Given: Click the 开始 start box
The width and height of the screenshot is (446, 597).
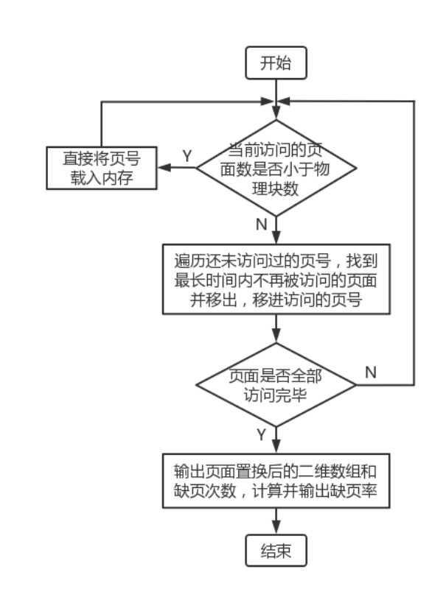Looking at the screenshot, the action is click(x=276, y=63).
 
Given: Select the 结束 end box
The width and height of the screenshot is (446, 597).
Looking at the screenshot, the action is click(x=276, y=551).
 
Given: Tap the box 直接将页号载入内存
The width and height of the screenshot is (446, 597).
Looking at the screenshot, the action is click(x=102, y=168).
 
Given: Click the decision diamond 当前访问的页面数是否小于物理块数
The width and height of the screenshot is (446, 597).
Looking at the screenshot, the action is click(x=276, y=168).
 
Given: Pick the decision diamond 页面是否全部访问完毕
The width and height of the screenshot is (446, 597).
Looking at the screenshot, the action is click(x=276, y=385).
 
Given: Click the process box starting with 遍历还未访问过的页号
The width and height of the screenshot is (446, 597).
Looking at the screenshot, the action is click(x=276, y=280).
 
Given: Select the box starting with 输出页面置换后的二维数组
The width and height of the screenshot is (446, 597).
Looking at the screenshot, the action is click(x=276, y=480).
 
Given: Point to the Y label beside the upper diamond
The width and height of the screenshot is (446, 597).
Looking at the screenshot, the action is click(x=187, y=156).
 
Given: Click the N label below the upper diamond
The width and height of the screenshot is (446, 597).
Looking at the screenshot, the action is click(x=261, y=223).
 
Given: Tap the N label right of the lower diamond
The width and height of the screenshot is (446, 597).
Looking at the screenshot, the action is click(x=370, y=372).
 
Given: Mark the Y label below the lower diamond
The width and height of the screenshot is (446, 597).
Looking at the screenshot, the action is click(x=261, y=435).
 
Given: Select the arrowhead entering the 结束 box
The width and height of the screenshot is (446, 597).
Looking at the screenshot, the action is click(x=276, y=528).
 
